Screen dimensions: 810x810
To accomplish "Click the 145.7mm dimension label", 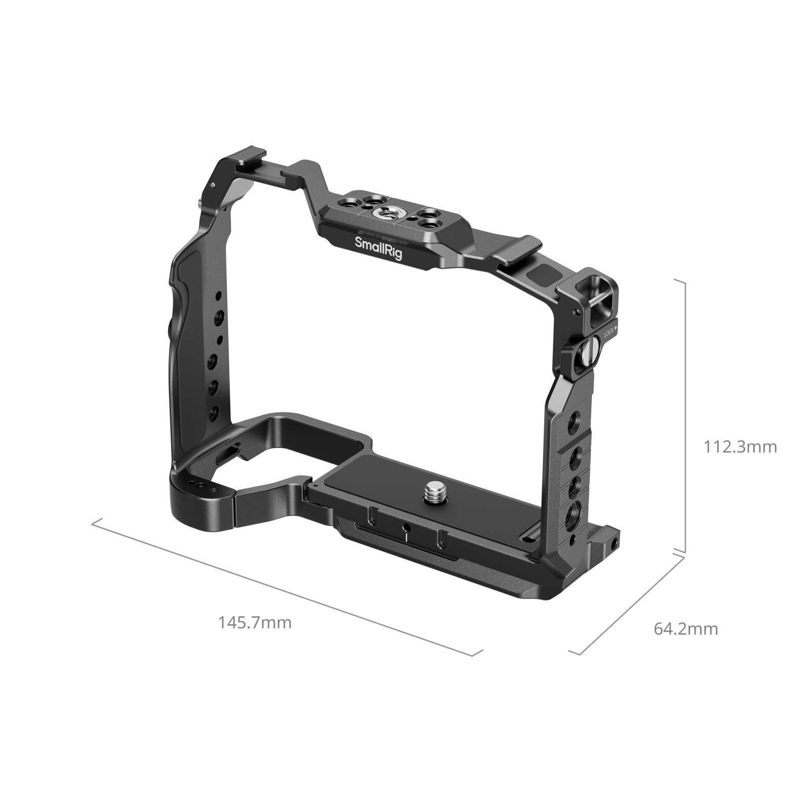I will click(255, 622).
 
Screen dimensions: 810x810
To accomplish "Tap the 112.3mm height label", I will click(740, 447).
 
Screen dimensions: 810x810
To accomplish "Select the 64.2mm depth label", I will click(685, 629).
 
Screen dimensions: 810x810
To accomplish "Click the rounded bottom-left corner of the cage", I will click(192, 511).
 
